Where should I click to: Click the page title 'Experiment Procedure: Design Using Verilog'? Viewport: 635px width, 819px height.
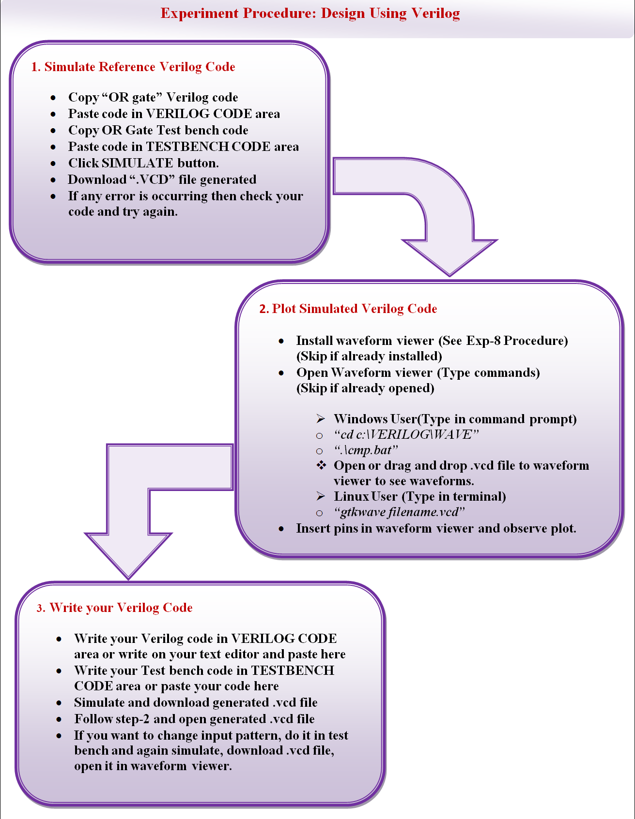(x=310, y=13)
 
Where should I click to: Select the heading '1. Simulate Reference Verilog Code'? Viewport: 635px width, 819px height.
(x=133, y=67)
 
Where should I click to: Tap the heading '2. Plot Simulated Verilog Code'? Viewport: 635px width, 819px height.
(x=348, y=309)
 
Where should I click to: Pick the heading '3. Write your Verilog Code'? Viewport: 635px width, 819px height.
(x=115, y=608)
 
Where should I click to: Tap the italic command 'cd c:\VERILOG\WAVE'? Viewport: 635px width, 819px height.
(x=406, y=434)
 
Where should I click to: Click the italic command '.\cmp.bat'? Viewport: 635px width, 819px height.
(x=366, y=450)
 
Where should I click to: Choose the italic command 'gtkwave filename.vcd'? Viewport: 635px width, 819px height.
(x=400, y=512)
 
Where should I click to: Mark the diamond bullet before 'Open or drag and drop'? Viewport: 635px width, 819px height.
(x=321, y=465)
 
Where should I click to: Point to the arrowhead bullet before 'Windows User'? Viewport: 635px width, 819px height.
(x=321, y=418)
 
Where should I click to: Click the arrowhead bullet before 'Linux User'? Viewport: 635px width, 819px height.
(x=321, y=496)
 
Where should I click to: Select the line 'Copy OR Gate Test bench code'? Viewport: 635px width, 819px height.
(x=158, y=130)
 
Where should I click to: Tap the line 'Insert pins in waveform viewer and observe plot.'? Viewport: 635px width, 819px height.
(x=436, y=528)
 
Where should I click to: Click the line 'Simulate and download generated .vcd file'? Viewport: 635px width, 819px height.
(x=196, y=702)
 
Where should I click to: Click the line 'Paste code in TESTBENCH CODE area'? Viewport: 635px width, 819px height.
(x=184, y=147)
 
